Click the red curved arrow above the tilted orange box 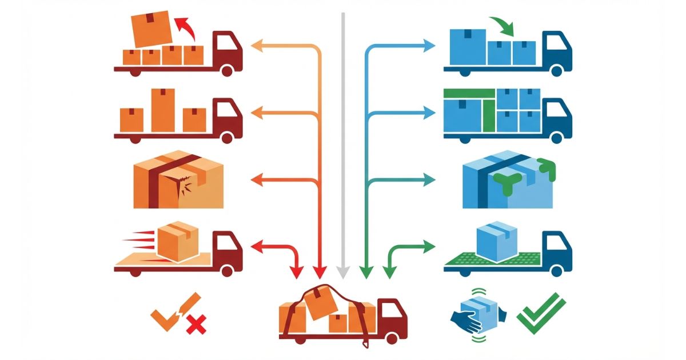[x=184, y=26]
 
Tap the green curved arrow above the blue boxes [x=502, y=25]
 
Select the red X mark [x=196, y=326]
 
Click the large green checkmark [x=541, y=313]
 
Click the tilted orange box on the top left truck [x=151, y=29]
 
